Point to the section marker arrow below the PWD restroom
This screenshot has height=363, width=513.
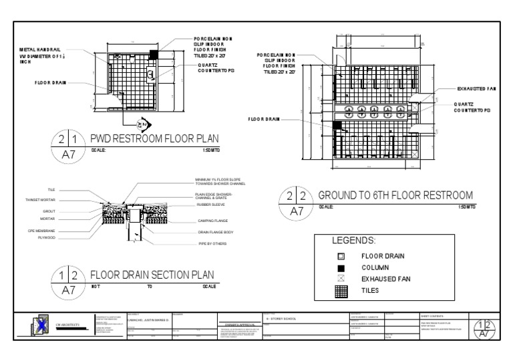coord(141,124)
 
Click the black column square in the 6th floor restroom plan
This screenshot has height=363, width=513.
coord(337,125)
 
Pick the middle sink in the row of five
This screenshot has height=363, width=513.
coord(375,112)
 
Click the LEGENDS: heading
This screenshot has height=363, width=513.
coord(354,240)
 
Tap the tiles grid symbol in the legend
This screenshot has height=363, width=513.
coord(341,291)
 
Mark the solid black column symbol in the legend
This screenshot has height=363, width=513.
coord(341,267)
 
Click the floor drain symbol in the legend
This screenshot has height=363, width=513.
coord(341,256)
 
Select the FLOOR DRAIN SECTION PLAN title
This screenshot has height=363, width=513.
coord(152,274)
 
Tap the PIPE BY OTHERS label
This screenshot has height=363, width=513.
coord(212,243)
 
